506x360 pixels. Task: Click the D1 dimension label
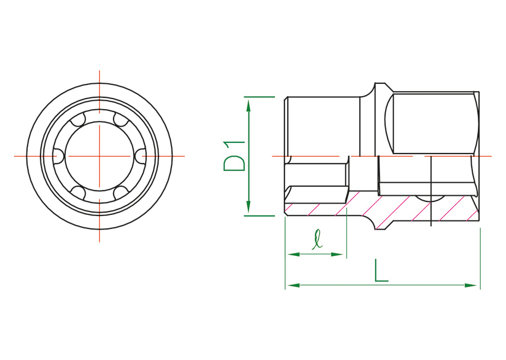click(234, 156)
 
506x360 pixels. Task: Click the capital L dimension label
click(381, 270)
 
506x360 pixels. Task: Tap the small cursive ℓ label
click(317, 239)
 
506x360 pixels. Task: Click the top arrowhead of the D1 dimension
click(248, 105)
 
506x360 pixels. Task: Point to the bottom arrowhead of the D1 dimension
click(248, 206)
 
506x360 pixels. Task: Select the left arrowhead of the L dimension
click(293, 285)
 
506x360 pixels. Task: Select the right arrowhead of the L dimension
click(471, 285)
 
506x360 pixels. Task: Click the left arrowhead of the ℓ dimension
click(293, 254)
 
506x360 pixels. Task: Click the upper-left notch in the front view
click(78, 120)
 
